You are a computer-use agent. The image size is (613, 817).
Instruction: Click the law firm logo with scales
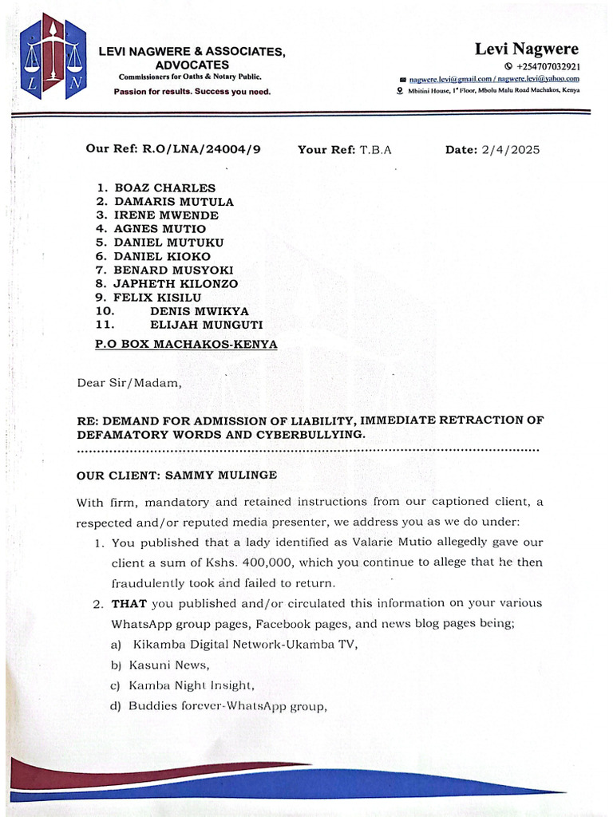point(53,57)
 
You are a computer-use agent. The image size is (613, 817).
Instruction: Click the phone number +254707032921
point(548,67)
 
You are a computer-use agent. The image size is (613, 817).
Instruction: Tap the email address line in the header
point(493,79)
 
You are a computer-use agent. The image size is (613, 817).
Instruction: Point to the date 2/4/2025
point(510,149)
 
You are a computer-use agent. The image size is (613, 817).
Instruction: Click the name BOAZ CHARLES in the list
point(165,187)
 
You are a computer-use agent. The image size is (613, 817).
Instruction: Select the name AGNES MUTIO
point(160,229)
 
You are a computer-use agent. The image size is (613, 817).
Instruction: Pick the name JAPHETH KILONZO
point(176,283)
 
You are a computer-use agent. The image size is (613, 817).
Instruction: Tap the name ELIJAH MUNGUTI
point(206,325)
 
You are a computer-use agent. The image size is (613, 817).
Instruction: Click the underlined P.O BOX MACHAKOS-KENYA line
point(185,344)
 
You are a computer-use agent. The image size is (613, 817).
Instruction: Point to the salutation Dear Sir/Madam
point(129,382)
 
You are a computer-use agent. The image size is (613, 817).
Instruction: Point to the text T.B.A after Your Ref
point(376,149)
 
